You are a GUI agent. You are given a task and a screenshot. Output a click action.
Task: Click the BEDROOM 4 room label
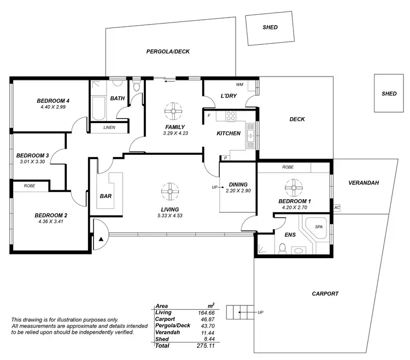click(53, 101)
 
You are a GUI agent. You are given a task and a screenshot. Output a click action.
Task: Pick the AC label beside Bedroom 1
click(337, 208)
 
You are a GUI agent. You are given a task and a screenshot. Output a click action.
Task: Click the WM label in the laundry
click(239, 85)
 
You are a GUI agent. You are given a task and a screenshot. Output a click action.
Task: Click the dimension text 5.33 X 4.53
click(170, 216)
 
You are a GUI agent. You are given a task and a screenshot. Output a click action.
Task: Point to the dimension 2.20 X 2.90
click(238, 191)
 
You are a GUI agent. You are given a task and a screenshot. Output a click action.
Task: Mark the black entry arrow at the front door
click(101, 239)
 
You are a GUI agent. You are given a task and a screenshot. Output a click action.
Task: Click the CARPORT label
click(325, 294)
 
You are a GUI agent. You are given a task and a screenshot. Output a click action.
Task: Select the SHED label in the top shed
click(270, 27)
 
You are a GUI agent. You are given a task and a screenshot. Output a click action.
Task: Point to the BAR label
click(106, 195)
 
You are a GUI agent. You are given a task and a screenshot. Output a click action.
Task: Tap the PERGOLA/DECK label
click(167, 52)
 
